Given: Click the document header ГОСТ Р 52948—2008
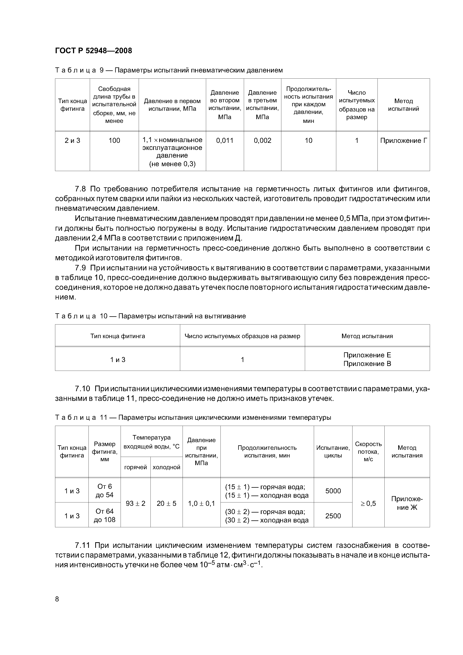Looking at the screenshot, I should pos(93,51).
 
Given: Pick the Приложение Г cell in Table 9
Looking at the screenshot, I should pos(403,141).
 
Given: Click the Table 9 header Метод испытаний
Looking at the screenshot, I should pos(403,105).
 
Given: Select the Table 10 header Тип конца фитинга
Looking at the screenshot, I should pos(118,336).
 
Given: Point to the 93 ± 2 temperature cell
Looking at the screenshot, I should pos(136,504).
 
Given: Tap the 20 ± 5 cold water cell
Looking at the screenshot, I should pos(166,504).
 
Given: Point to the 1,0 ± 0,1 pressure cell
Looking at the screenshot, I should pos(201,504).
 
